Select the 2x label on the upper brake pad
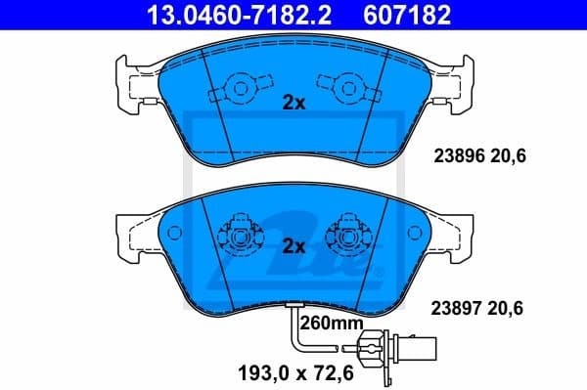tap(293, 103)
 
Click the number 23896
tap(456, 154)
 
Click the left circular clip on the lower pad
tap(241, 235)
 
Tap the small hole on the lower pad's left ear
tap(175, 234)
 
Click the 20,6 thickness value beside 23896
tap(507, 154)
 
